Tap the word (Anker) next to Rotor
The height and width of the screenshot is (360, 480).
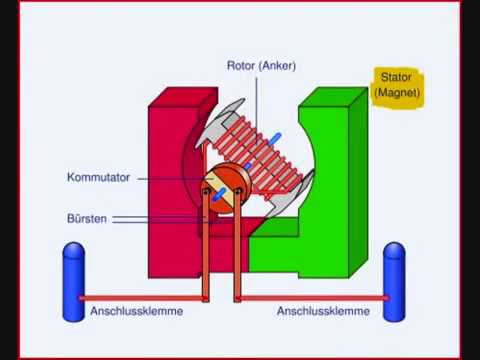pyautogui.click(x=277, y=66)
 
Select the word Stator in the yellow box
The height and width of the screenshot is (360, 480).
pyautogui.click(x=396, y=77)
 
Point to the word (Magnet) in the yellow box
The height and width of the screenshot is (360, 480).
pyautogui.click(x=397, y=92)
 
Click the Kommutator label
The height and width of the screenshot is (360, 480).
pyautogui.click(x=98, y=177)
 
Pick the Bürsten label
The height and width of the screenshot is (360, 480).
pyautogui.click(x=87, y=219)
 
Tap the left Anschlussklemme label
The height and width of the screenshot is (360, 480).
pyautogui.click(x=137, y=311)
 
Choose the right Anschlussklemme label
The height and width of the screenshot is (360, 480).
pyautogui.click(x=323, y=311)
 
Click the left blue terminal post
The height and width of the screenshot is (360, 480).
pyautogui.click(x=74, y=282)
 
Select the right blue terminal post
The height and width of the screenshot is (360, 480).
pyautogui.click(x=394, y=282)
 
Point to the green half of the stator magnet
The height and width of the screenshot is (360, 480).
pyautogui.click(x=330, y=187)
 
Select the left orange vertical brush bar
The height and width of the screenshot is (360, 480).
pyautogui.click(x=206, y=245)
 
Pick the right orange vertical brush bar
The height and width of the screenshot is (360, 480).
pyautogui.click(x=237, y=245)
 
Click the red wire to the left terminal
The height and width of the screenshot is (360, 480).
pyautogui.click(x=142, y=298)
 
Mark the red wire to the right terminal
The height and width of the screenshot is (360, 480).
pyautogui.click(x=313, y=298)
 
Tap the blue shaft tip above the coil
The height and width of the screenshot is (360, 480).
pyautogui.click(x=275, y=139)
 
